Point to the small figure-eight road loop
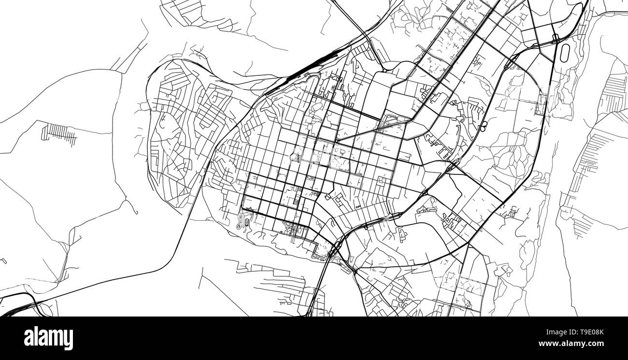pyautogui.click(x=483, y=126)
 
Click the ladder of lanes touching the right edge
pyautogui.click(x=614, y=92)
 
